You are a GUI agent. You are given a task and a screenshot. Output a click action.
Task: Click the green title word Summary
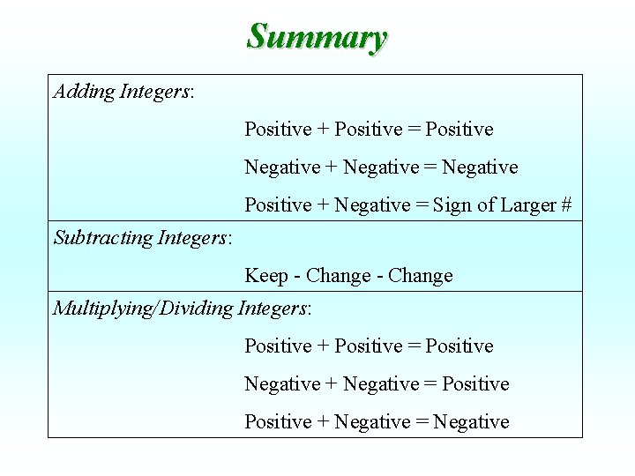pos(317,37)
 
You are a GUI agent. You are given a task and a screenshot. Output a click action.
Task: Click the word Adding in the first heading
pos(84,92)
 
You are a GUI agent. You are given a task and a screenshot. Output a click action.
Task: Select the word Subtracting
pos(103,237)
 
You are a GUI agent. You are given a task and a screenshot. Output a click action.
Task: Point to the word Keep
pos(265,276)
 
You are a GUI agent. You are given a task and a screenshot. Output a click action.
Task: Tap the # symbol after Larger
pos(565,205)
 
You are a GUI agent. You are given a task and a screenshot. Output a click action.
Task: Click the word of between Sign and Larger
pos(486,205)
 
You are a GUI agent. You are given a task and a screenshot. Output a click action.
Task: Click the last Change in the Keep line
pos(420,276)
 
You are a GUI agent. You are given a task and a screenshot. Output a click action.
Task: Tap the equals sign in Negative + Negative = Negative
pos(430,167)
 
